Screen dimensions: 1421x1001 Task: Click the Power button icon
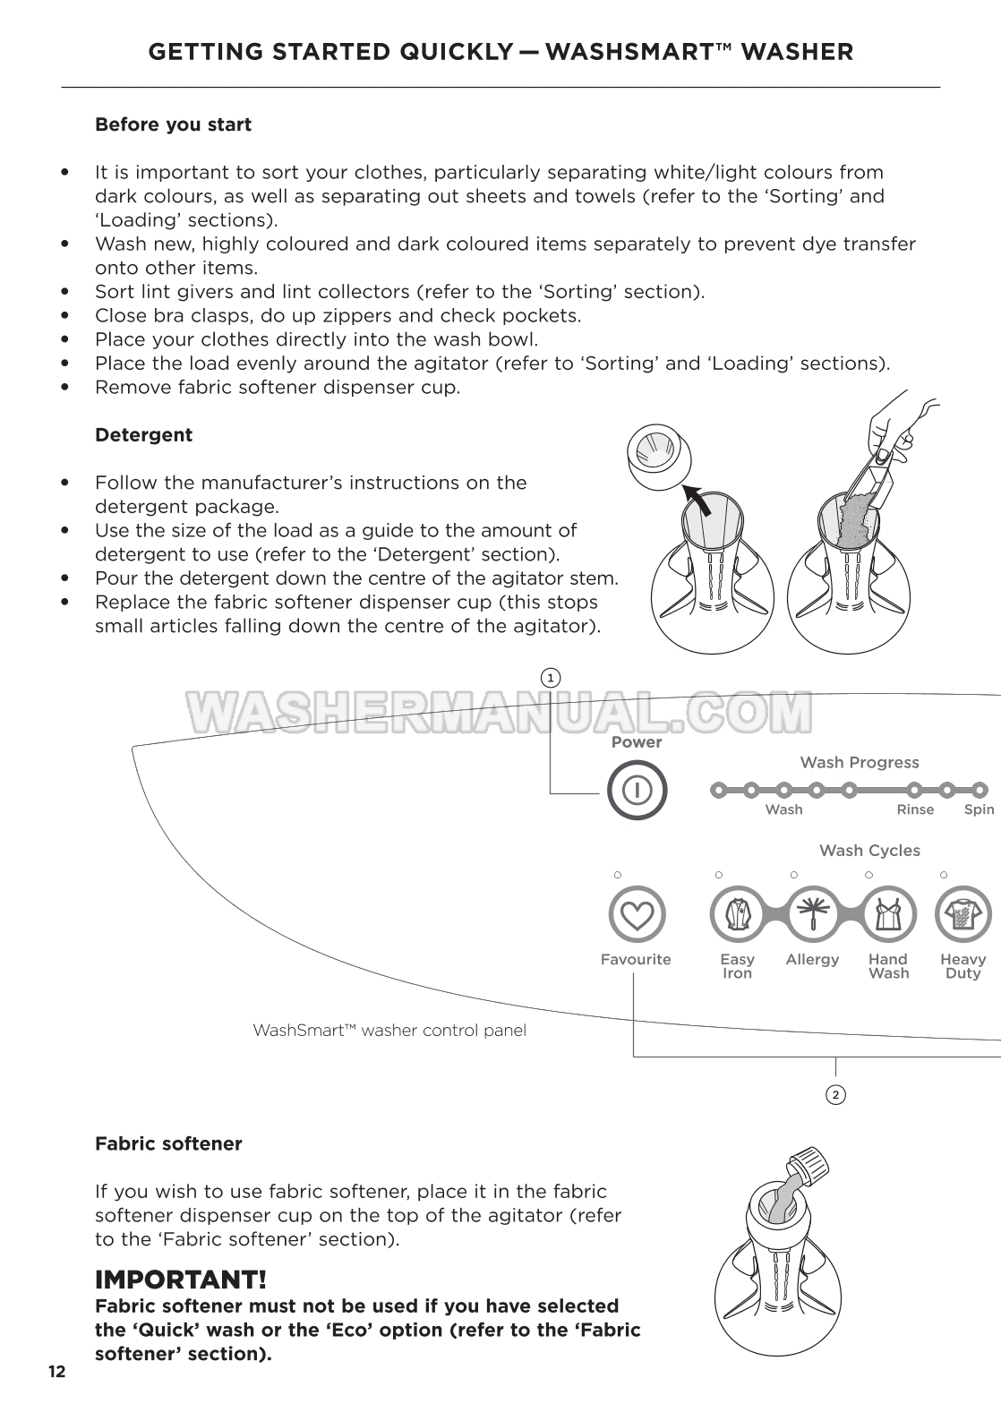637,790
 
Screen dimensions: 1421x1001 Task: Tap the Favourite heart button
636,915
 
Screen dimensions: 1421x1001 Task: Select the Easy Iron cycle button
737,915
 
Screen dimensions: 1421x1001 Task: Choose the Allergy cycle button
813,915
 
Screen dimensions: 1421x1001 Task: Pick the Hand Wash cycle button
888,915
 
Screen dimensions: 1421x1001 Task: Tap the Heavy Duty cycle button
962,915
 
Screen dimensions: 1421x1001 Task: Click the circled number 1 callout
551,678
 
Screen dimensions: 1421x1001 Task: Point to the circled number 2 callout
835,1094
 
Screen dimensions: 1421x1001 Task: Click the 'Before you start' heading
173,124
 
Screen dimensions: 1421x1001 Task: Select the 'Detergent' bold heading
143,435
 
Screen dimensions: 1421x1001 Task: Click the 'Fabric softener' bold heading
168,1143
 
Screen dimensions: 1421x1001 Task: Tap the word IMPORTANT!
181,1279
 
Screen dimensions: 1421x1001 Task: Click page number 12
56,1373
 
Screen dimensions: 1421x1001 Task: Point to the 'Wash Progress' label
859,762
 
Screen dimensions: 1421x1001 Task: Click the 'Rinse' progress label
915,809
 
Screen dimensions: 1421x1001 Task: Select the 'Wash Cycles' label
869,851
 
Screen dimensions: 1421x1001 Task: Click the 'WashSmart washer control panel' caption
389,1030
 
